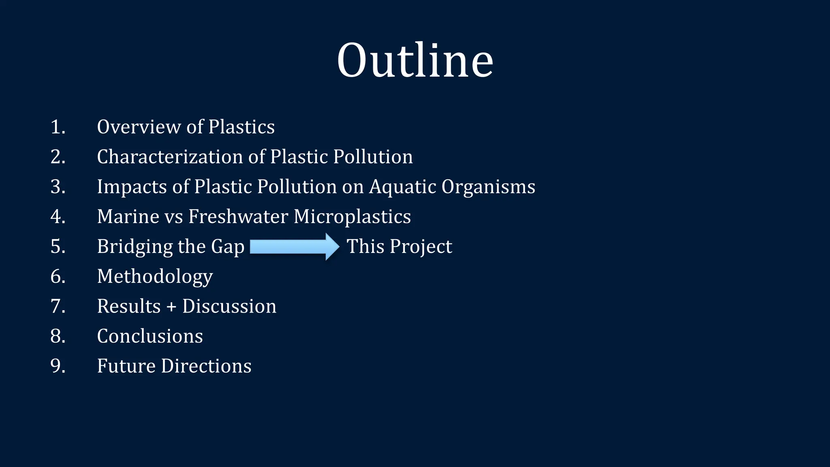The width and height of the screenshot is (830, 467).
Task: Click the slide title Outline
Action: pyautogui.click(x=415, y=61)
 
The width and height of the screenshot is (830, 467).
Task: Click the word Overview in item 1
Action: pyautogui.click(x=138, y=127)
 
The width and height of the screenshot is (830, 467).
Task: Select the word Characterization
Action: pyautogui.click(x=170, y=157)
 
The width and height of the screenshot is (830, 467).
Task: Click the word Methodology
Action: pyautogui.click(x=155, y=277)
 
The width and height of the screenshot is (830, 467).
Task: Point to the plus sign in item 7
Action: pyautogui.click(x=171, y=306)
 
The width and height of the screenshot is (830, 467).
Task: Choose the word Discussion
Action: pyautogui.click(x=229, y=306)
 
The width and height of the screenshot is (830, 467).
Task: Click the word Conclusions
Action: pyautogui.click(x=150, y=336)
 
